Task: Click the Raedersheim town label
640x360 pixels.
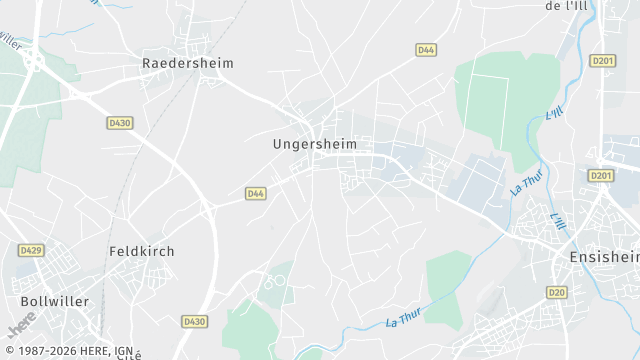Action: [188, 63]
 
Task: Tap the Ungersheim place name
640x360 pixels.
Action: [314, 144]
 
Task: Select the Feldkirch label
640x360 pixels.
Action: [141, 251]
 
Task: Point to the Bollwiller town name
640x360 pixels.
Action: [55, 301]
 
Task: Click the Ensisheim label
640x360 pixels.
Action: [604, 257]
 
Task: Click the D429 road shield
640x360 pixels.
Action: [30, 250]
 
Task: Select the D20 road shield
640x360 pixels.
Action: [557, 292]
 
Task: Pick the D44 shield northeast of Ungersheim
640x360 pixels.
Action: [426, 49]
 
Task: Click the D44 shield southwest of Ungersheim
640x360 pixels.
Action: [256, 193]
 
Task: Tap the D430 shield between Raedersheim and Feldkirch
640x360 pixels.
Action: [119, 122]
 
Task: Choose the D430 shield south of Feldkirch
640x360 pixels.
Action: [194, 321]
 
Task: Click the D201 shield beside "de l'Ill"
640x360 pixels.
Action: [602, 60]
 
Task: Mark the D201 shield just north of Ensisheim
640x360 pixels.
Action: [600, 176]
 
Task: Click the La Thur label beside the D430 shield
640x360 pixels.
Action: [405, 319]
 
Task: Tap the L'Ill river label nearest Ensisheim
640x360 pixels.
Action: [558, 220]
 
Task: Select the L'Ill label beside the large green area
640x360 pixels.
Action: [555, 114]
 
